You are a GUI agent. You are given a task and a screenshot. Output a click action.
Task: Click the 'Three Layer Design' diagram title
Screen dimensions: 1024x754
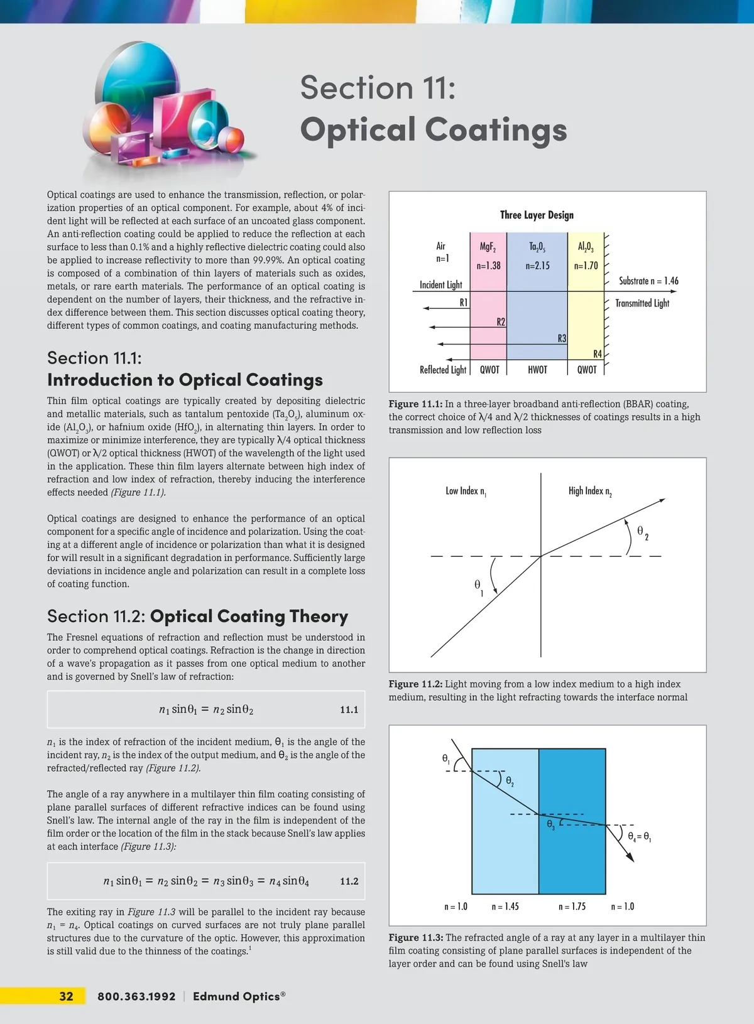(x=537, y=215)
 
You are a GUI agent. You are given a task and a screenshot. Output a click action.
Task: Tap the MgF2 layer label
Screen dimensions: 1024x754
(x=488, y=247)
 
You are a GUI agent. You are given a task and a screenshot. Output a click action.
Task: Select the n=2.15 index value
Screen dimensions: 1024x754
(x=537, y=266)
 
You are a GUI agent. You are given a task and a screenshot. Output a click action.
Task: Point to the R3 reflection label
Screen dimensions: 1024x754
(x=562, y=338)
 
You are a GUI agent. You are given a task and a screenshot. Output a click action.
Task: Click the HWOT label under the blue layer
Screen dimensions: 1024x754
(x=537, y=370)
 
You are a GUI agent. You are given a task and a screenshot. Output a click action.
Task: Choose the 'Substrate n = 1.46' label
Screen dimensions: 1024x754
(x=648, y=281)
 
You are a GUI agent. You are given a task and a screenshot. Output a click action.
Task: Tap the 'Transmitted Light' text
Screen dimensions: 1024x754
(x=642, y=303)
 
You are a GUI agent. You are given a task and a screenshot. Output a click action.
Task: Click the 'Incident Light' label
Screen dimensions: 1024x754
(x=440, y=284)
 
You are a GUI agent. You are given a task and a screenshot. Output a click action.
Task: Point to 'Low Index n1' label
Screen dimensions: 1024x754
(x=466, y=491)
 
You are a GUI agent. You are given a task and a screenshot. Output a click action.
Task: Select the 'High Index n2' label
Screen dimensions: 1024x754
(x=590, y=491)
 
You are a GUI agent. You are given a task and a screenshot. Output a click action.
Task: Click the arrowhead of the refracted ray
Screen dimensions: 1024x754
(x=662, y=500)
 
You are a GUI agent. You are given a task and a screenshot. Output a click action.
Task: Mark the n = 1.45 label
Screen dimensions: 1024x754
(x=505, y=907)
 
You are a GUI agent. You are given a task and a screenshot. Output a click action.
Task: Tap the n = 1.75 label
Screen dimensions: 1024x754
(x=572, y=907)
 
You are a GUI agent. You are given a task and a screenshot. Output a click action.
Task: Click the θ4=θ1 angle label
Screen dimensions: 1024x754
(x=639, y=837)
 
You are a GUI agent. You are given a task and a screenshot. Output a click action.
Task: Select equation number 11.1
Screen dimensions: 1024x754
(x=349, y=709)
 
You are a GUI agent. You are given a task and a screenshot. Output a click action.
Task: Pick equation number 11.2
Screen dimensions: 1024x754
(x=349, y=881)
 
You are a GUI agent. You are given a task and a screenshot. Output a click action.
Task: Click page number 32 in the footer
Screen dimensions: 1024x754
(x=66, y=996)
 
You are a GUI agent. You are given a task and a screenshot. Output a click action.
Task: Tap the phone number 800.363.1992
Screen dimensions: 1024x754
(x=136, y=996)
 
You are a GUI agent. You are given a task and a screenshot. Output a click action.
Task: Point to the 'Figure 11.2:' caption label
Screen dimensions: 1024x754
(x=415, y=684)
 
